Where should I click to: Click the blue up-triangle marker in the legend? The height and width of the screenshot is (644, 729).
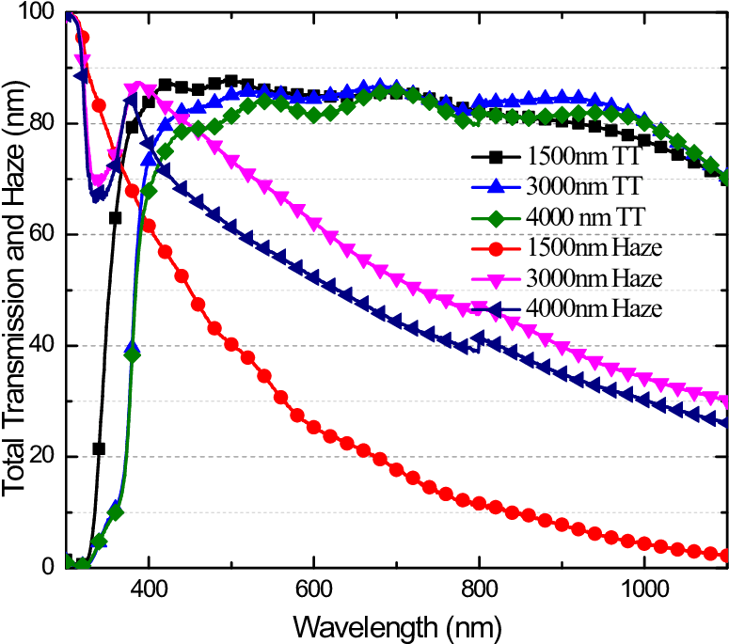(496, 186)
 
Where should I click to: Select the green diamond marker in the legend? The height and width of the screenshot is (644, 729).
(496, 219)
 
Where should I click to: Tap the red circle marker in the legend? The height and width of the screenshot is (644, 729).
(496, 249)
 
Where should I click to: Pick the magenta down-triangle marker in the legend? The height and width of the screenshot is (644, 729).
(496, 279)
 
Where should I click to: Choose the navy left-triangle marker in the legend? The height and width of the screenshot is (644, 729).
(496, 308)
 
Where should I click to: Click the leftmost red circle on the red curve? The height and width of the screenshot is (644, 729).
(82, 38)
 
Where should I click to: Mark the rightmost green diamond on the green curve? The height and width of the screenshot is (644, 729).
(726, 177)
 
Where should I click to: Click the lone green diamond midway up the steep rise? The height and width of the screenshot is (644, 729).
(133, 354)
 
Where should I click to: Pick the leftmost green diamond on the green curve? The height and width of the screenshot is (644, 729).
(68, 563)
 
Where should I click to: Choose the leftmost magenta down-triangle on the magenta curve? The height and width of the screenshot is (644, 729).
(82, 61)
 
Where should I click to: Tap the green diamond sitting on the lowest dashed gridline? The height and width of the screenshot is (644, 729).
(116, 512)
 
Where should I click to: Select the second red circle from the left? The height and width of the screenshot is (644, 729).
(99, 105)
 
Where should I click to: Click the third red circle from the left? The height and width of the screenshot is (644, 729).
(116, 156)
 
